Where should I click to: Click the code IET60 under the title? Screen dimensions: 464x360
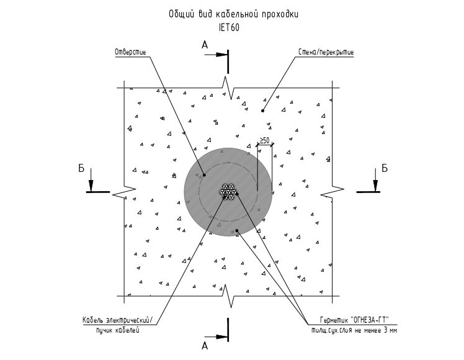[x=229, y=27]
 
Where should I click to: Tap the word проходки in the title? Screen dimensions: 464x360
[x=280, y=14]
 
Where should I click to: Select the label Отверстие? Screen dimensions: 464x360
[x=130, y=52]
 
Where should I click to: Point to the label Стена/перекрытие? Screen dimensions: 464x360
[x=326, y=52]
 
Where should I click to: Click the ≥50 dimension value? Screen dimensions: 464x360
[x=264, y=140]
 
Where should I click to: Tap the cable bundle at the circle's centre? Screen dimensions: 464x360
[x=228, y=191]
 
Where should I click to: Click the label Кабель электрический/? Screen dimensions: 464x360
[x=118, y=320]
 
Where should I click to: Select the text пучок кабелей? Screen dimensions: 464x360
[x=117, y=330]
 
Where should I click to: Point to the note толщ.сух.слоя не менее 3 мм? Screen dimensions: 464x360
[x=354, y=330]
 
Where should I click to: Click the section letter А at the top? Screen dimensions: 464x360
[x=205, y=45]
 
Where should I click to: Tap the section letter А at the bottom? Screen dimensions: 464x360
[x=205, y=346]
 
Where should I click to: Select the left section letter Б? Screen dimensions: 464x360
[x=81, y=168]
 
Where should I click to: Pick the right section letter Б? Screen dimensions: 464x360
[x=384, y=168]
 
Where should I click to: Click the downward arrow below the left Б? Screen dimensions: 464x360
[x=91, y=180]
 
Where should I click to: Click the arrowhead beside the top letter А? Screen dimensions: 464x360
[x=221, y=55]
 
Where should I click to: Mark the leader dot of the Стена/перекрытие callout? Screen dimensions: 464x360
[x=262, y=110]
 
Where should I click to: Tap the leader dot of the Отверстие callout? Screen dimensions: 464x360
[x=204, y=175]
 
